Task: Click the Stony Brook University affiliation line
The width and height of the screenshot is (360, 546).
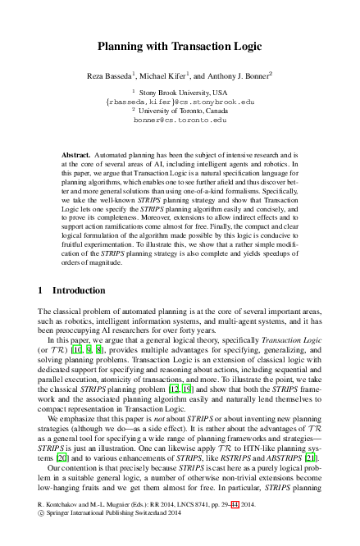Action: click(184, 93)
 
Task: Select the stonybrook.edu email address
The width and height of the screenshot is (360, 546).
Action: click(181, 102)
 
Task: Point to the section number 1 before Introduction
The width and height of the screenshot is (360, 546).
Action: click(42, 290)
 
